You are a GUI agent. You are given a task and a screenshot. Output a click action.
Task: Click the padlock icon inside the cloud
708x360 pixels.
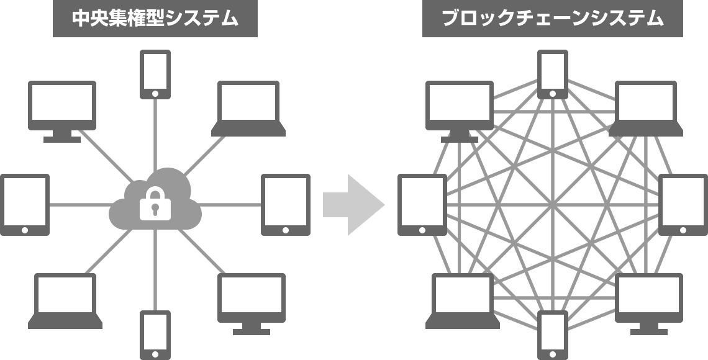click(155, 204)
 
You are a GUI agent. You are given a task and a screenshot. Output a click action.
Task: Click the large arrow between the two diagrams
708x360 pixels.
click(353, 205)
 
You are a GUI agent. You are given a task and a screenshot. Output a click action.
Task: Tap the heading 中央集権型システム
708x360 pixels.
click(155, 18)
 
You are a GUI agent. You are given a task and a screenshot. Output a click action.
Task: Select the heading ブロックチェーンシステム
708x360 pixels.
click(552, 18)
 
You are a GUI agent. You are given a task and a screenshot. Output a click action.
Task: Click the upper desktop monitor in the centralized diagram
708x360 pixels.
click(62, 112)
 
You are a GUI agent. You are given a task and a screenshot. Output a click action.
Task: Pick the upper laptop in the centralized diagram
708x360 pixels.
click(248, 108)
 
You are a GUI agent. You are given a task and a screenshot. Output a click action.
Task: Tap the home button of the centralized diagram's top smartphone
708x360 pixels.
click(155, 94)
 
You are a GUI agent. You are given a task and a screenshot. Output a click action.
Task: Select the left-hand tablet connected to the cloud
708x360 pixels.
click(25, 205)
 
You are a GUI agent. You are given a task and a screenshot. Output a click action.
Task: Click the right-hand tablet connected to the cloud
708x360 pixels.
click(285, 205)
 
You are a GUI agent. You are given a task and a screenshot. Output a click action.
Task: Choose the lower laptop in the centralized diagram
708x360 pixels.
click(65, 301)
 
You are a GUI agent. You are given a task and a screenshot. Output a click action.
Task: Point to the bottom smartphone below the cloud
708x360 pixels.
click(155, 335)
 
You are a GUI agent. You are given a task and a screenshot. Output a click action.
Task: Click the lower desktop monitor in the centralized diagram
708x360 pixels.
click(252, 304)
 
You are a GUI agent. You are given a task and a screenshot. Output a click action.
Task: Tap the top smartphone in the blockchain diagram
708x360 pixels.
click(553, 74)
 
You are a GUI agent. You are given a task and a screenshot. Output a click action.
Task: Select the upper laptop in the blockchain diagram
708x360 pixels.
click(646, 108)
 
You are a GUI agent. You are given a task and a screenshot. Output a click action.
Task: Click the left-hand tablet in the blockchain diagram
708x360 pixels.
click(422, 205)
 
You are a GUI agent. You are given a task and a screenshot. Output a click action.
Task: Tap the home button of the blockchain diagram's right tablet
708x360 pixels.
click(683, 230)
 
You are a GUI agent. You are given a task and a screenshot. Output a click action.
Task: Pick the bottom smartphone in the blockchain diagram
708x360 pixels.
click(553, 335)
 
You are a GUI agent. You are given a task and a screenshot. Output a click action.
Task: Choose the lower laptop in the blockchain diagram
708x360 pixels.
click(462, 301)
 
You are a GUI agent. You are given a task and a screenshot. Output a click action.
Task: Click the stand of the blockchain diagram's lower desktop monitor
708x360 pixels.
click(649, 329)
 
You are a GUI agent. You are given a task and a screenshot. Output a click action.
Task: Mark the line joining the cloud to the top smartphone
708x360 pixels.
click(155, 135)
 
